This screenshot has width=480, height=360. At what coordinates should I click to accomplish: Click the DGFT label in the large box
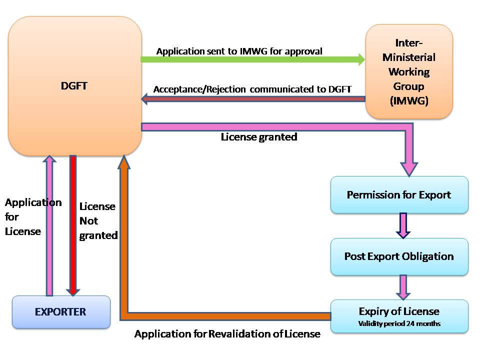(x=74, y=86)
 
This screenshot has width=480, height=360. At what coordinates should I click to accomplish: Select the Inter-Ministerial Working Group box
(x=409, y=71)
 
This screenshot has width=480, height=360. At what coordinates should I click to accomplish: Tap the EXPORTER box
(x=60, y=312)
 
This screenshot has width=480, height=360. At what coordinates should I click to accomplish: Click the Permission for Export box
(x=399, y=194)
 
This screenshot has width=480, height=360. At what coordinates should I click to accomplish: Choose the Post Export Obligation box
(x=399, y=256)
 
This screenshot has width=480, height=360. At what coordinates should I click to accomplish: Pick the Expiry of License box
(x=399, y=316)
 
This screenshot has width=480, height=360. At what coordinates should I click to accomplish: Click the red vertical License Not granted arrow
(x=73, y=225)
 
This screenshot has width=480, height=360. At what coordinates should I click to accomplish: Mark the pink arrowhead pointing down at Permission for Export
(x=409, y=167)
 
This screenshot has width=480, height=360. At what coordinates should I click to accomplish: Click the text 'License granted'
(x=259, y=136)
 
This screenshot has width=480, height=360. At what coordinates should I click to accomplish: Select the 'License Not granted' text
(x=98, y=221)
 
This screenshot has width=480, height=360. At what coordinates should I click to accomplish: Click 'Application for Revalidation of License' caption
(x=227, y=334)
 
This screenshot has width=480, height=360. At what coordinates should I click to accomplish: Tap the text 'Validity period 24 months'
(x=399, y=323)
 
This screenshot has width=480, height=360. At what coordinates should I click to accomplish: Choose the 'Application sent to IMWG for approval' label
(x=239, y=51)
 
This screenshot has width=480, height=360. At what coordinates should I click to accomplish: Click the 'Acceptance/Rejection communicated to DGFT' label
(x=252, y=89)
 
